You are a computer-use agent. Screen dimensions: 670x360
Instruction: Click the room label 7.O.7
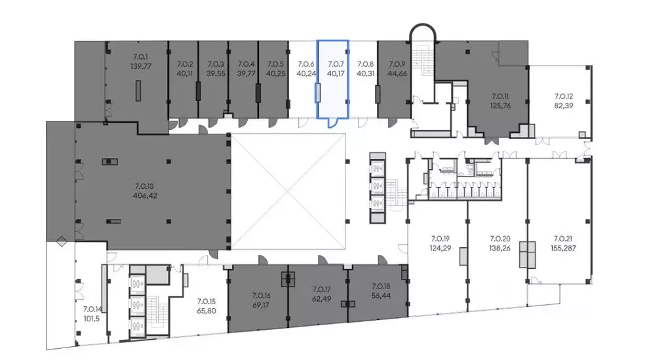(x=336, y=64)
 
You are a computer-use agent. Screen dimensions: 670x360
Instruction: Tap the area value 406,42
(x=146, y=196)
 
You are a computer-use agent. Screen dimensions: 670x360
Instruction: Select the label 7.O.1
(x=140, y=56)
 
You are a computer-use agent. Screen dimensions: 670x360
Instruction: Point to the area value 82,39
(x=564, y=106)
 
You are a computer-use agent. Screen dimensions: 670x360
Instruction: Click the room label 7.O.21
(x=562, y=239)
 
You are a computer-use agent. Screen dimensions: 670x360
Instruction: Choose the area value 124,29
(x=441, y=248)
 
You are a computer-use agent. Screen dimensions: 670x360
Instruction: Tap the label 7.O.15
(x=207, y=302)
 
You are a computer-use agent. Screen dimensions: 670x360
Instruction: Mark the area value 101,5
(x=91, y=319)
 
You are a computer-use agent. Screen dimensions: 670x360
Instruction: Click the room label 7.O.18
(x=381, y=287)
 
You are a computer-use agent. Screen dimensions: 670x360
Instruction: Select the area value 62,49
(x=322, y=299)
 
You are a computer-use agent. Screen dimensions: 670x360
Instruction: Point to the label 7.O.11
(x=500, y=96)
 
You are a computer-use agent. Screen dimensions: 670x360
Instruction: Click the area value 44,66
(x=397, y=73)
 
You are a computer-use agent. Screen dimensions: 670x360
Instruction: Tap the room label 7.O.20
(x=500, y=239)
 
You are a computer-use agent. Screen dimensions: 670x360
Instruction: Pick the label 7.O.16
(x=261, y=296)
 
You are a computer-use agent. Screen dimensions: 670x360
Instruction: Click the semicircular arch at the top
(x=423, y=25)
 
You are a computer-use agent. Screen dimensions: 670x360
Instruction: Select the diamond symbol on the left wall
(x=62, y=241)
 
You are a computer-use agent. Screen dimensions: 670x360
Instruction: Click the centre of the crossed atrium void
(x=288, y=191)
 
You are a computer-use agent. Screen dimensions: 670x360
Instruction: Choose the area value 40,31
(x=365, y=73)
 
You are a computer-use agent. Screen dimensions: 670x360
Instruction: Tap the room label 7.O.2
(x=185, y=64)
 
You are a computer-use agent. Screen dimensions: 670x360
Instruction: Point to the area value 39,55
(x=216, y=73)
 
